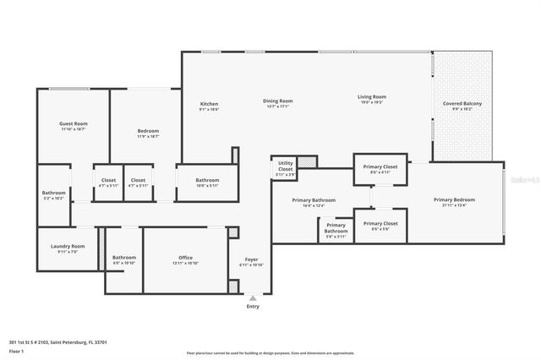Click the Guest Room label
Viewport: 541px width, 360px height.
[x=74, y=123]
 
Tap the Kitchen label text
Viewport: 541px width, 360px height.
[x=209, y=103]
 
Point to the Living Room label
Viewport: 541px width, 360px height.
[x=371, y=97]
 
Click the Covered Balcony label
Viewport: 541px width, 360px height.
[x=463, y=103]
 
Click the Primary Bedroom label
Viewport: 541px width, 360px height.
[x=455, y=199]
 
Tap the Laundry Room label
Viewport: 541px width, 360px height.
[x=67, y=247]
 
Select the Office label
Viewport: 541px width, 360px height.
[x=186, y=257]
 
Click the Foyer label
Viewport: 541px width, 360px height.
[x=252, y=260]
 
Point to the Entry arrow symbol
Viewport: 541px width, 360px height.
[x=252, y=297]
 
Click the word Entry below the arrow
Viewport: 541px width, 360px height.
[x=253, y=307]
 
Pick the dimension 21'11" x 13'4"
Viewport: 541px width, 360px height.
[x=455, y=205]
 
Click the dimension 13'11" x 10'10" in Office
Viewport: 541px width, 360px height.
[x=186, y=263]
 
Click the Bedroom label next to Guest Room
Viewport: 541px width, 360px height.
[x=149, y=131]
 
